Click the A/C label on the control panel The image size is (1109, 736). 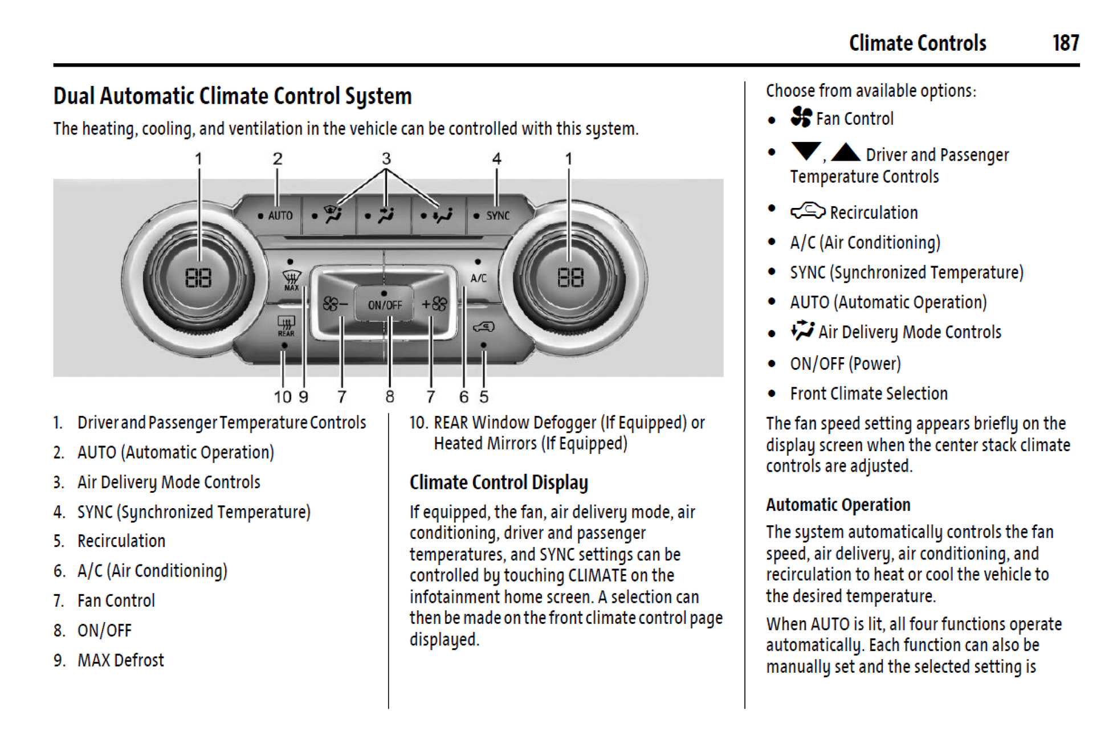pyautogui.click(x=478, y=278)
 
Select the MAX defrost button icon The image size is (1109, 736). pyautogui.click(x=291, y=279)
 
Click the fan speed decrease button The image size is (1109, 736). pyautogui.click(x=335, y=305)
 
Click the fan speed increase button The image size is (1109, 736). pyautogui.click(x=434, y=305)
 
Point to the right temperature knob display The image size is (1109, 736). pyautogui.click(x=570, y=278)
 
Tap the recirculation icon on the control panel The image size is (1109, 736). pyautogui.click(x=483, y=327)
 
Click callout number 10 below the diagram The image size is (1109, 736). pyautogui.click(x=283, y=396)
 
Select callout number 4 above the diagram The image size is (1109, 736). pyautogui.click(x=496, y=159)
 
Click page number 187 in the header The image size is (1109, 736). pyautogui.click(x=1065, y=43)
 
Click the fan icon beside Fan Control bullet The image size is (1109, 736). pyautogui.click(x=801, y=117)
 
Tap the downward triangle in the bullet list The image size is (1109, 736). pyautogui.click(x=806, y=151)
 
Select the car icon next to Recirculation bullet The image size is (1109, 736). pyautogui.click(x=808, y=211)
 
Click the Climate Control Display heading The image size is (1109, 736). pyautogui.click(x=499, y=483)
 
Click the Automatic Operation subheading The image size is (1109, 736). pyautogui.click(x=838, y=505)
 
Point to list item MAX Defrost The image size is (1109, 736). pyautogui.click(x=120, y=660)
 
